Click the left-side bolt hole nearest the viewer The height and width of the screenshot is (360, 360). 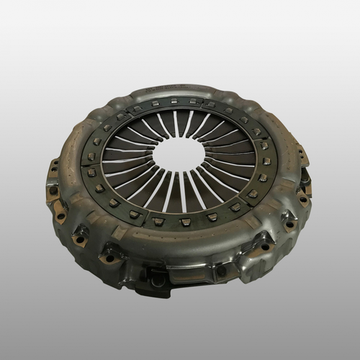(x=109, y=257)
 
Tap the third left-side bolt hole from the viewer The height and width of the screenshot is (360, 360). (x=60, y=215)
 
